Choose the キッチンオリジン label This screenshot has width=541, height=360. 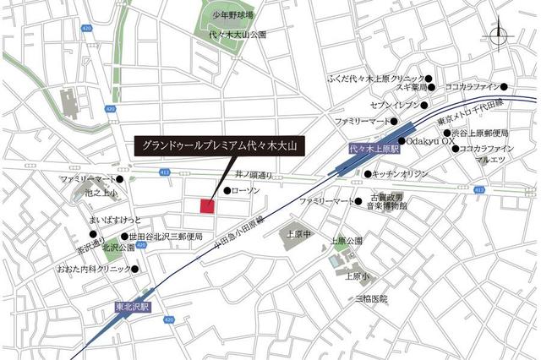tap(401, 173)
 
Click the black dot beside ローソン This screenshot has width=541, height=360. tap(227, 191)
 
